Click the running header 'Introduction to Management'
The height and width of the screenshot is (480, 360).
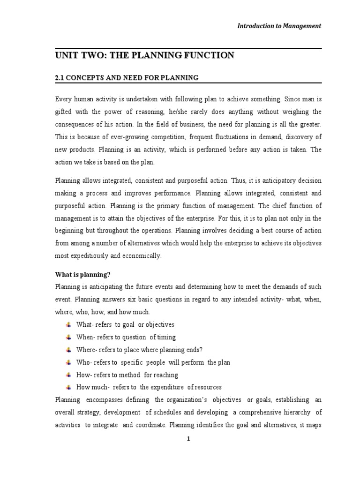tap(278, 26)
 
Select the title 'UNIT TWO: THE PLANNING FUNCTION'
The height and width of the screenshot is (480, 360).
tap(144, 56)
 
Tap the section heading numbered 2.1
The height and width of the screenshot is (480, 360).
tap(127, 78)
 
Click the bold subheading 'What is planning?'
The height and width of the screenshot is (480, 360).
tap(82, 274)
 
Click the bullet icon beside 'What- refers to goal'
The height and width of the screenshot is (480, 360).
tap(68, 324)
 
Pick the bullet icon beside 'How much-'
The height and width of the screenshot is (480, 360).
tap(68, 387)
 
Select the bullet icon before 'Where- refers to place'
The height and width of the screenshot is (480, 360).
tap(68, 350)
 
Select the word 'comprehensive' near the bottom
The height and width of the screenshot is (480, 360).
tap(255, 412)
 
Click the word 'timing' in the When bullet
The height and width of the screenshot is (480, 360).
tap(166, 337)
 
